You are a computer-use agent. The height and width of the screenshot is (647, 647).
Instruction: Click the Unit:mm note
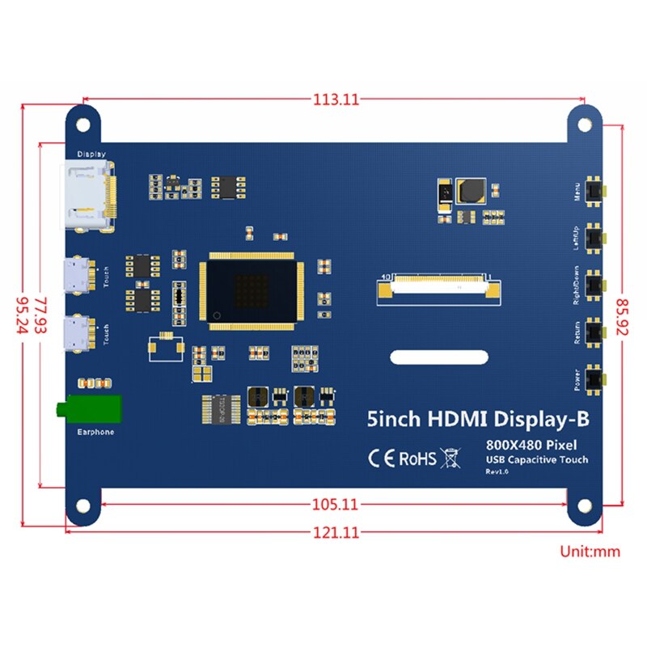click(x=589, y=552)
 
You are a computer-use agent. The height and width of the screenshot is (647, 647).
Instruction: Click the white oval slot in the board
click(x=439, y=357)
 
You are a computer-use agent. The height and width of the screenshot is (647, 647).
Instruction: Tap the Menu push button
click(x=596, y=192)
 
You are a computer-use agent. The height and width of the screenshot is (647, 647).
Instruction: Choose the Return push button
click(x=596, y=331)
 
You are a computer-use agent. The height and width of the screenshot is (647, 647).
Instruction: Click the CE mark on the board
click(x=381, y=459)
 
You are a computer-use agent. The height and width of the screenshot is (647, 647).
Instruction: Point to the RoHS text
click(x=418, y=459)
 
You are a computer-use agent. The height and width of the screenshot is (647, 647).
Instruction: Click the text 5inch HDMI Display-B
click(x=478, y=419)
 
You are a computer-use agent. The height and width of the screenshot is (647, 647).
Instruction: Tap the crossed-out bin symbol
click(x=450, y=459)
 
